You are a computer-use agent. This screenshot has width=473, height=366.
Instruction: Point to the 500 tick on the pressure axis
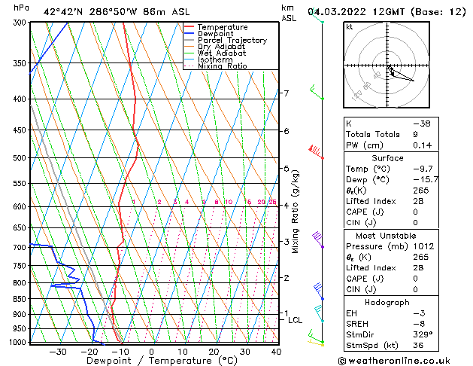click(18, 158)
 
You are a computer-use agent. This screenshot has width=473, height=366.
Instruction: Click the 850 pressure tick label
click(18, 299)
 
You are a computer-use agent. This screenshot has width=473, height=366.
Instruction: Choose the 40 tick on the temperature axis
click(276, 352)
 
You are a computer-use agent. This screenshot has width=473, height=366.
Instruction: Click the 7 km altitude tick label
click(287, 93)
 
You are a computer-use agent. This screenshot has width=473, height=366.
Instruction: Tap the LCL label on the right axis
click(296, 320)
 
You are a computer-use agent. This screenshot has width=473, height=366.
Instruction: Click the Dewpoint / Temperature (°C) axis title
click(151, 361)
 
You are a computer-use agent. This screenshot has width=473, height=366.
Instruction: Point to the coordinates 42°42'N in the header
click(64, 11)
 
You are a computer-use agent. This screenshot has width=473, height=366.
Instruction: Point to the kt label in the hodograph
click(350, 26)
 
